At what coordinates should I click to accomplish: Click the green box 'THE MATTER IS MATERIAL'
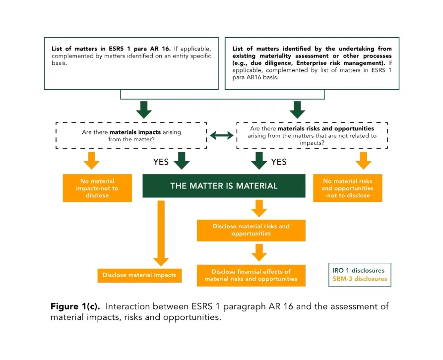224,186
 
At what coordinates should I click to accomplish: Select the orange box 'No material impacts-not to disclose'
97,188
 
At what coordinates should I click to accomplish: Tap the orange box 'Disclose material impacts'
139,275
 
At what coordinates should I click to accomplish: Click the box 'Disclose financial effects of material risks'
251,275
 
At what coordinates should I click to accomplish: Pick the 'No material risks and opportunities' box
348,188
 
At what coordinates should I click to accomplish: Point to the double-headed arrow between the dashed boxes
222,136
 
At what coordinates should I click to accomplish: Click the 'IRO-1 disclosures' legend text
358,270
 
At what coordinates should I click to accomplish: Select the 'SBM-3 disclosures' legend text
360,279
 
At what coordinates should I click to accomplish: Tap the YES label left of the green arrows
161,162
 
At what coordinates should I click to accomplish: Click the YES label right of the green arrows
279,162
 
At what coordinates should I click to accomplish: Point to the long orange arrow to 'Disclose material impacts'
161,234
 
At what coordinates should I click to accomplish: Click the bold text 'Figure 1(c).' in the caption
75,306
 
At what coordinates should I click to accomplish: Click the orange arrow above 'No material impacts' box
92,161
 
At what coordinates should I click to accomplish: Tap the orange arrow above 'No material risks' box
363,161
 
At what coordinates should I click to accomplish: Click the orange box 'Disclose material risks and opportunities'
251,230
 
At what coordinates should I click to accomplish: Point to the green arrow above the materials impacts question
144,110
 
